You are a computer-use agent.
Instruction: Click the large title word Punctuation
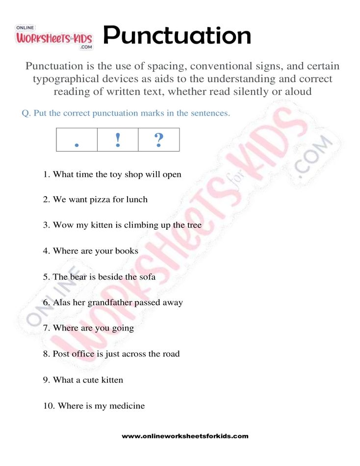click(177, 35)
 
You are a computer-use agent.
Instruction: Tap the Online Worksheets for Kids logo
click(54, 37)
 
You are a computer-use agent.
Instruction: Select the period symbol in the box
click(77, 144)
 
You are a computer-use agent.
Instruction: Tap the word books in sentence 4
click(127, 251)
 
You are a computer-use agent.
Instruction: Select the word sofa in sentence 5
click(146, 277)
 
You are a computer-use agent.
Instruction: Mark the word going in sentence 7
click(123, 328)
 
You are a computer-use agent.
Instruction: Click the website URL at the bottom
click(185, 436)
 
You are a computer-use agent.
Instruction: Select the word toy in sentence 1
click(115, 175)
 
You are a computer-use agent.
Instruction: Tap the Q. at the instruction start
click(26, 113)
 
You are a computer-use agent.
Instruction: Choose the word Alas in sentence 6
click(61, 303)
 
